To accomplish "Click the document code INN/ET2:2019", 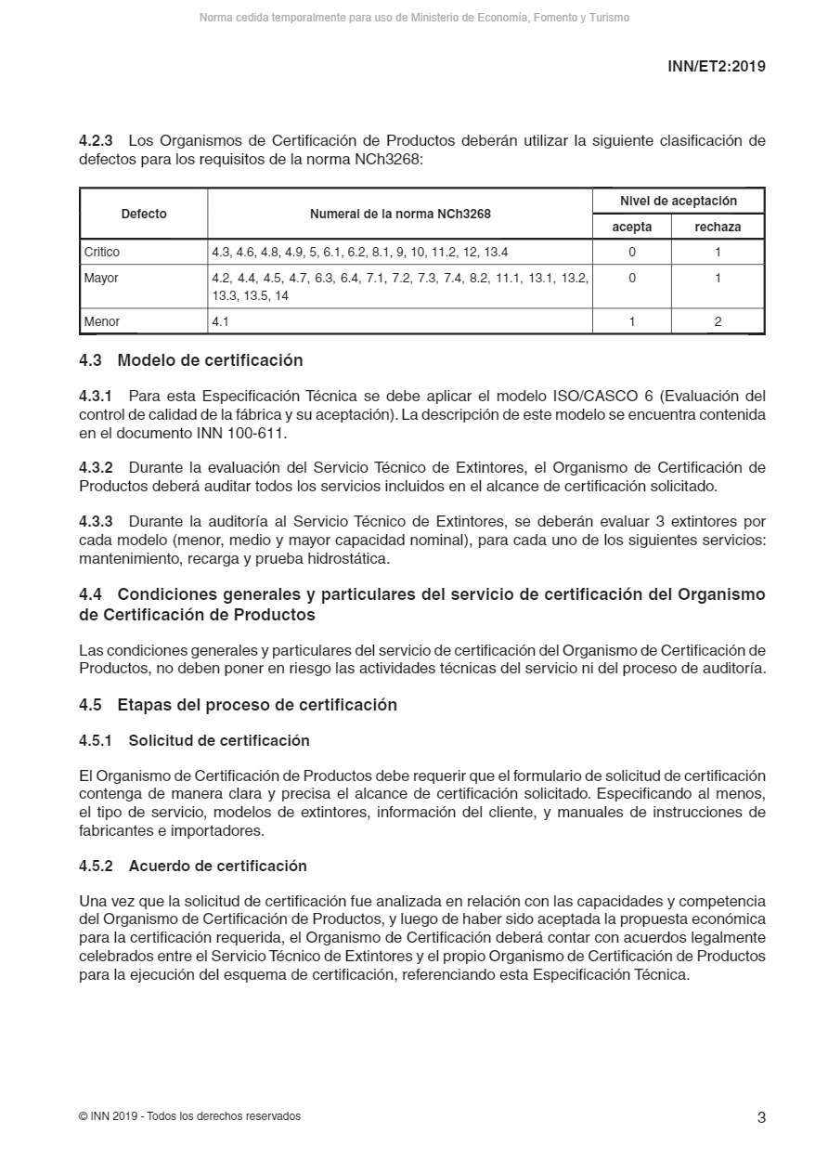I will point(716,66).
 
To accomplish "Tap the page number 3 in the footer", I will point(761,1117).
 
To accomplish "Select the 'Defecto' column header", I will point(144,214).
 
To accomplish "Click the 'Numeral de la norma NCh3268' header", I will point(400,214).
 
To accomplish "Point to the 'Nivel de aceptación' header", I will point(679,201).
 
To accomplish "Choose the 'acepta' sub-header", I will point(632,227).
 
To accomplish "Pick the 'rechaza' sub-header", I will point(718,227).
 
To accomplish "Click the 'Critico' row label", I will point(102,252).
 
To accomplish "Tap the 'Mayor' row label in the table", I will point(101,278).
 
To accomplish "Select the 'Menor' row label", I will point(102,321).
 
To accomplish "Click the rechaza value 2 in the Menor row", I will point(718,321).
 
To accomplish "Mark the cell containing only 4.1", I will point(220,321).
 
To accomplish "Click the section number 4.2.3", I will point(96,141).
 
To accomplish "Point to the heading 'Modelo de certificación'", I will point(210,360).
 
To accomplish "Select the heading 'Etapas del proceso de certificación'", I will point(257,705).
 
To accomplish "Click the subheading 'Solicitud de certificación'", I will point(219,740).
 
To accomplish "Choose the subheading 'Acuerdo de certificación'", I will point(217,866).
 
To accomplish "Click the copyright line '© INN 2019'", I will point(189,1116).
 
